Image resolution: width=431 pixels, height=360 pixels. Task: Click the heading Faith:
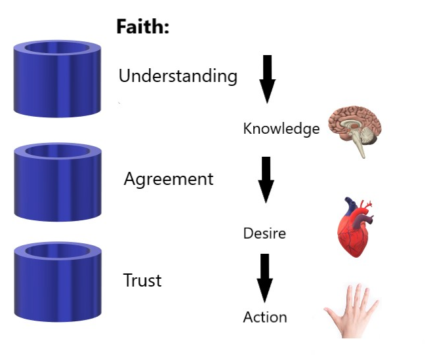pos(143,27)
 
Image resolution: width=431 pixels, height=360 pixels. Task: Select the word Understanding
pos(178,76)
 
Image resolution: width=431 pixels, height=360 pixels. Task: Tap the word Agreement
pos(169,178)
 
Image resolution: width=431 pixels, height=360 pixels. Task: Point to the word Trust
pos(142,281)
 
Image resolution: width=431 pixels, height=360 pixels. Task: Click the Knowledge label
pos(281,129)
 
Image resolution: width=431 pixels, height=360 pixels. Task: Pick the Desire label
pos(264,233)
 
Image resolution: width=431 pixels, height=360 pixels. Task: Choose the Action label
pos(265,317)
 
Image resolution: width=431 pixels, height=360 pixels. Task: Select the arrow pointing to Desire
pos(266,179)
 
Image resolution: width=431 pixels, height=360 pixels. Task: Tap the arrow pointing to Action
pos(264,277)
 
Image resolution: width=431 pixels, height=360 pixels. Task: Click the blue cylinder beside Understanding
pos(57,79)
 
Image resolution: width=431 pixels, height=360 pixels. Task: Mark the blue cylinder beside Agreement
pos(57,182)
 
